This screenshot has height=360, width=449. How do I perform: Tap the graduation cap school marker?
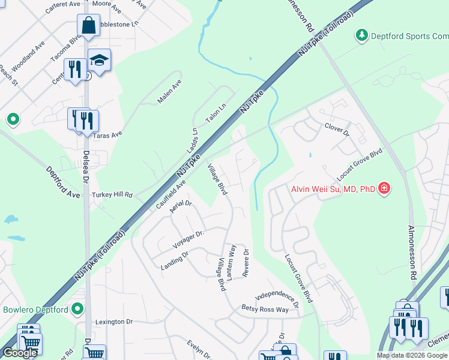(x=99, y=61)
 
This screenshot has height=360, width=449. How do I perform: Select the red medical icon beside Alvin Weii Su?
(x=384, y=189)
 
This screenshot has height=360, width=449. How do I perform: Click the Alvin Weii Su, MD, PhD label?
(x=333, y=190)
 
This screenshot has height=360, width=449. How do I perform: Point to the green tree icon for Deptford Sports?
(x=362, y=36)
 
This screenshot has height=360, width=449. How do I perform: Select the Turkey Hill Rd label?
(x=112, y=196)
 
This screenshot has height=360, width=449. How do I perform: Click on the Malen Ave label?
(x=169, y=92)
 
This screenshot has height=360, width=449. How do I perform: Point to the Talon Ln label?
(x=215, y=112)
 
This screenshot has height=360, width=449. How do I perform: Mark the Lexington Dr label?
(x=113, y=322)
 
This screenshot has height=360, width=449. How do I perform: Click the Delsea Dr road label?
(x=86, y=167)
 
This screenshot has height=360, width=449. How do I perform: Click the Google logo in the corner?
(x=20, y=353)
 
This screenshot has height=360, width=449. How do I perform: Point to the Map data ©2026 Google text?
(x=411, y=355)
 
